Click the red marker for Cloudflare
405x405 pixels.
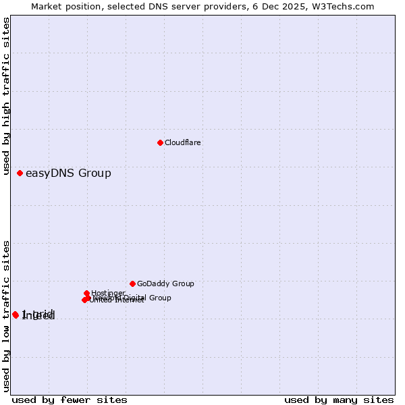160,142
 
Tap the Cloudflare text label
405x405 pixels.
183,143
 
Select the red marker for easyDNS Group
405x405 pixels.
20,173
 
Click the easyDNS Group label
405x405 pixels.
68,173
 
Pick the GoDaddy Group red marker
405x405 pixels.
132,283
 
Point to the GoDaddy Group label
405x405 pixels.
165,284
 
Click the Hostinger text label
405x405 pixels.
109,293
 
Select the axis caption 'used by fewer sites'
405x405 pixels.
70,400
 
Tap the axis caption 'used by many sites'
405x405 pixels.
339,400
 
